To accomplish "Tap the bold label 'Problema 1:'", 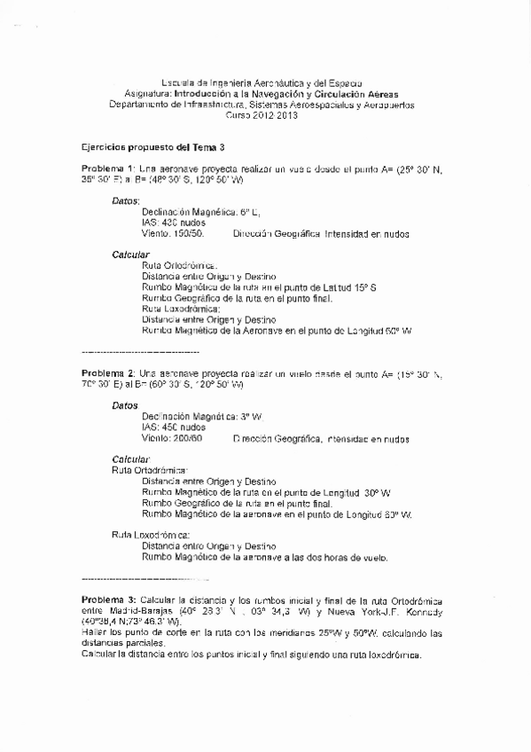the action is pos(108,168).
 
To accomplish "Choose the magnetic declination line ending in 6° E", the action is pos(201,212).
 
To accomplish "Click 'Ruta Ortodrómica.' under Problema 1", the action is pos(179,265).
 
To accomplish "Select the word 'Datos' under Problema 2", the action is pos(125,404).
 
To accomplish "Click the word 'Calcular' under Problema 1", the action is pos(129,255).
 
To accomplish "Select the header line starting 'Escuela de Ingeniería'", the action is pos(266,82).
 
